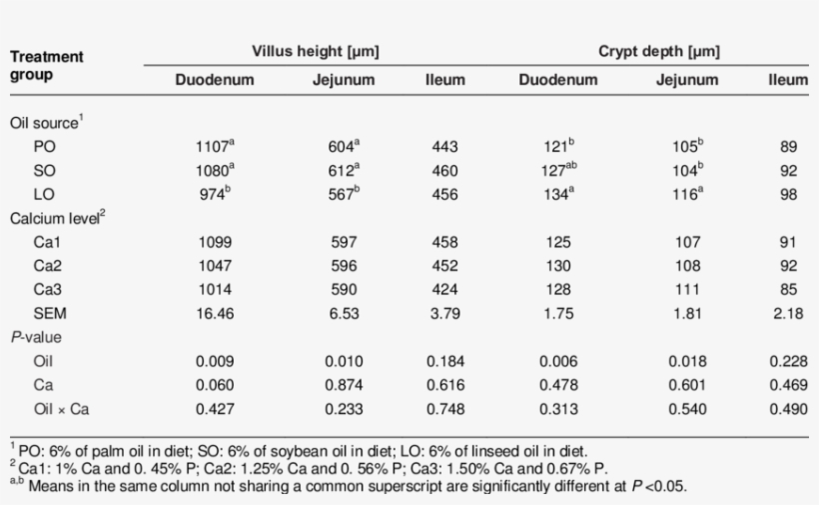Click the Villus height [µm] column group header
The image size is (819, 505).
point(315,50)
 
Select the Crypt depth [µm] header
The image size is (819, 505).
point(658,50)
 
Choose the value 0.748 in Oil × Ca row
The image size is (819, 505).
point(444,409)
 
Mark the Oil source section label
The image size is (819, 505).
point(46,122)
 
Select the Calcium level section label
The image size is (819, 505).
point(56,218)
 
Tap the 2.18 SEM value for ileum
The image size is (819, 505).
point(788,314)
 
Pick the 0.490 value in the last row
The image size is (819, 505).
point(788,409)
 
